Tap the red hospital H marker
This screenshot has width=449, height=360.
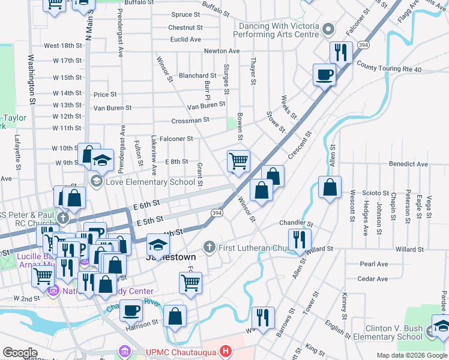[225, 350]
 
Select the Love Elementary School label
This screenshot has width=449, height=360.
[150, 181]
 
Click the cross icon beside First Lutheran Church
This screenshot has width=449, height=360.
[208, 247]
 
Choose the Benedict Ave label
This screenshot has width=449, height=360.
[408, 164]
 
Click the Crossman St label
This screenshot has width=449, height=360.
[190, 120]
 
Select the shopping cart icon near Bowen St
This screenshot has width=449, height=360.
[238, 161]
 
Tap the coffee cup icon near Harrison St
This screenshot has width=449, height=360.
[131, 310]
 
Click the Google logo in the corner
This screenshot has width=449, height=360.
[20, 353]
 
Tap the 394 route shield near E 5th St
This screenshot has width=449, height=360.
[217, 212]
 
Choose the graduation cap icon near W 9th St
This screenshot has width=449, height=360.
[103, 160]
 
